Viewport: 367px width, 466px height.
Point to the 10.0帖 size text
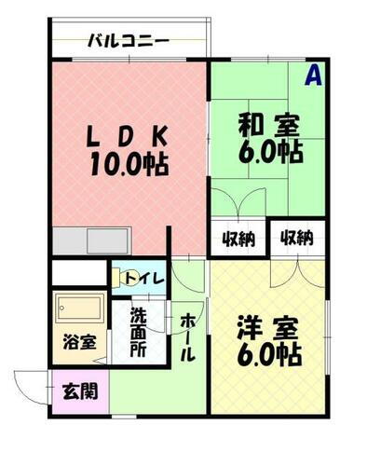tap(129, 165)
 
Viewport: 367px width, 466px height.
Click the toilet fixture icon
tap(122, 275)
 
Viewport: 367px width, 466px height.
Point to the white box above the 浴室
tap(78, 273)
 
